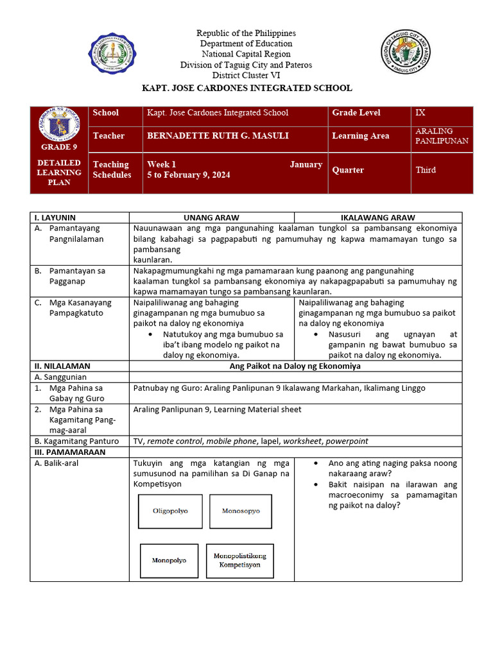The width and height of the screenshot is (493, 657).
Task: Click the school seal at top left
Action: (x=112, y=54)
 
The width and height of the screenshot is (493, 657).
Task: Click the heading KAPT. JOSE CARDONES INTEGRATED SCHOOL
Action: (x=246, y=88)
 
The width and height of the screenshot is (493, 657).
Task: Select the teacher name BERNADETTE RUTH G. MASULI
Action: (x=209, y=136)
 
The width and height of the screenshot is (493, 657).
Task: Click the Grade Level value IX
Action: (x=421, y=113)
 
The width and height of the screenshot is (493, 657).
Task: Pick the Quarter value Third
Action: (x=426, y=170)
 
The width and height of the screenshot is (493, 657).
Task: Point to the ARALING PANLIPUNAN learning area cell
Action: (x=442, y=136)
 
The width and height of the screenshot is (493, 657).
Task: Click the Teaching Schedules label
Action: (x=112, y=169)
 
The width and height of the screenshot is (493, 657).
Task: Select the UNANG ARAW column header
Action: (x=211, y=218)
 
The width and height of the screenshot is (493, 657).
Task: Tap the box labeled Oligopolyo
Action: (x=169, y=511)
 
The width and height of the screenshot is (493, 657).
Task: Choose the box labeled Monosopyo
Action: (x=241, y=511)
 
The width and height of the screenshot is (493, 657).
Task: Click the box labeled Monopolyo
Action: (x=169, y=560)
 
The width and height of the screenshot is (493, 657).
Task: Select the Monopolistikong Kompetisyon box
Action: (x=239, y=561)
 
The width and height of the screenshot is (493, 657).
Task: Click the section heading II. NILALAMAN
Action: (x=62, y=366)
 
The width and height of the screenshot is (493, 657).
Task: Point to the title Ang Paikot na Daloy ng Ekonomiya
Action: (x=295, y=366)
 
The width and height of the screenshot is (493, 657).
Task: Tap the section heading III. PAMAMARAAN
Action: (x=70, y=452)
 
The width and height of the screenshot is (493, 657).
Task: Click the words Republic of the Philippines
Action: (x=246, y=33)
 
